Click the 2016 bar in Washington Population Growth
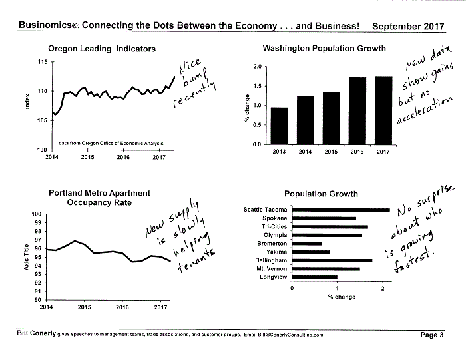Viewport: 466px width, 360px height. pyautogui.click(x=357, y=110)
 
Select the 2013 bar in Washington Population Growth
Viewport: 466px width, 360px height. pyautogui.click(x=280, y=126)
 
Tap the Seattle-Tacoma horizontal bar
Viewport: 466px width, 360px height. pyautogui.click(x=341, y=210)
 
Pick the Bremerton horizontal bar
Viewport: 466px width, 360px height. pyautogui.click(x=307, y=244)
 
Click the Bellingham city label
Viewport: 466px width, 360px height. pyautogui.click(x=271, y=260)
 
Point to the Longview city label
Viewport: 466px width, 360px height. pyautogui.click(x=274, y=277)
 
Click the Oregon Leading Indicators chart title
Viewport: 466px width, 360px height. pyautogui.click(x=102, y=49)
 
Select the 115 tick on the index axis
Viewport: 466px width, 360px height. pyautogui.click(x=43, y=62)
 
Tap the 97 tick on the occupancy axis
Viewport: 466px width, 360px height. pyautogui.click(x=37, y=240)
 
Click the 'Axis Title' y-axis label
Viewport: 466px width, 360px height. pyautogui.click(x=27, y=257)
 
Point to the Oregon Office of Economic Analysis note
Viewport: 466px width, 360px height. pyautogui.click(x=111, y=143)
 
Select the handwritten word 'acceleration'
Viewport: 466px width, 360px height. pyautogui.click(x=425, y=110)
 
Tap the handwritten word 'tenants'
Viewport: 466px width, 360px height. pyautogui.click(x=196, y=261)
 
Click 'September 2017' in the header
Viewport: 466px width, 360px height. pyautogui.click(x=408, y=26)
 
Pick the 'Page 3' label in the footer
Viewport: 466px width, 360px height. pyautogui.click(x=432, y=335)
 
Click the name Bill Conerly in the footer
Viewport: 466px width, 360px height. pyautogui.click(x=36, y=333)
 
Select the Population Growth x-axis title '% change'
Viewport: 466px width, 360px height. pyautogui.click(x=342, y=297)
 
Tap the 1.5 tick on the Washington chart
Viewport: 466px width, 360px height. pyautogui.click(x=258, y=86)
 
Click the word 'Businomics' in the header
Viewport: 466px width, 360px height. pyautogui.click(x=45, y=25)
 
